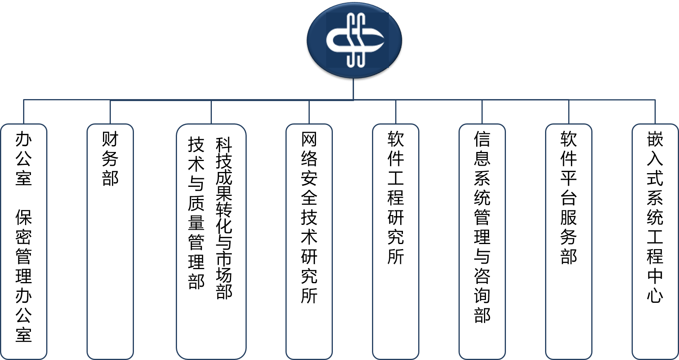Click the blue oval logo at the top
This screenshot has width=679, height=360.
tap(354, 40)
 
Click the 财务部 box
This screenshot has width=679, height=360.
tap(110, 241)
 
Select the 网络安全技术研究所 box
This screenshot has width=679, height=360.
tap(309, 241)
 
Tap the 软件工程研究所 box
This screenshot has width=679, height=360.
tap(395, 241)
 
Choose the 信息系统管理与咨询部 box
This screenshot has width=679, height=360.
tap(482, 241)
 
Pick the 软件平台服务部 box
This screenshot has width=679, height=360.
tap(569, 241)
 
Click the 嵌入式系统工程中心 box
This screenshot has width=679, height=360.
tap(655, 241)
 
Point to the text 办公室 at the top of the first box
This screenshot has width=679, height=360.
tap(23, 159)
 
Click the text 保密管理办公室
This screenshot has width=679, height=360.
tap(23, 276)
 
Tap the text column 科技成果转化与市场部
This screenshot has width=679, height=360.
tap(224, 218)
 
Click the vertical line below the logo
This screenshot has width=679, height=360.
tap(354, 89)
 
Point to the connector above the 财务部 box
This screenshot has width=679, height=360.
tap(110, 112)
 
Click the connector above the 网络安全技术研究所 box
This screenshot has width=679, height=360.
tap(309, 112)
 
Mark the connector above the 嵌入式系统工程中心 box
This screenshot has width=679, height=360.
tap(655, 112)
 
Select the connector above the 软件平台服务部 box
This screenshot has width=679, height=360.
tap(569, 112)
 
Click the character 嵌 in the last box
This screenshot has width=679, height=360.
tap(655, 139)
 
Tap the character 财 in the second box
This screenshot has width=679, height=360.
tap(110, 139)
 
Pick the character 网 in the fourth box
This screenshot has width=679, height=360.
tap(309, 139)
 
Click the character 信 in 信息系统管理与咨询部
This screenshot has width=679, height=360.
tap(482, 139)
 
